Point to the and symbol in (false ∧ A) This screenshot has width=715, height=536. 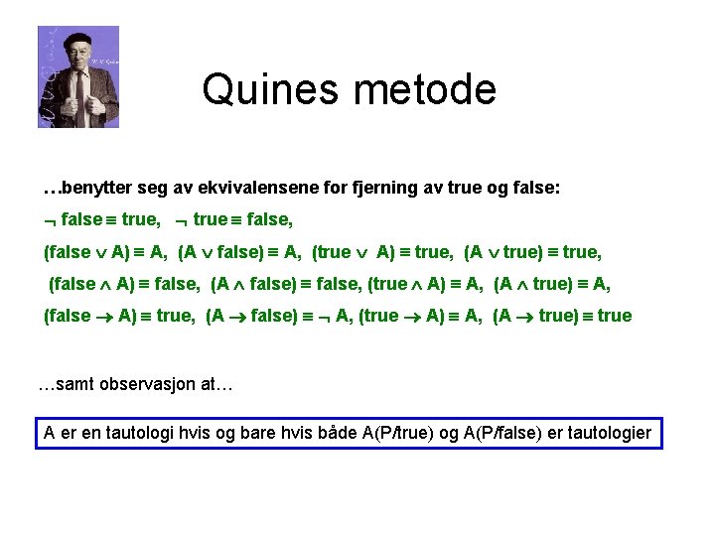point(106,285)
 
